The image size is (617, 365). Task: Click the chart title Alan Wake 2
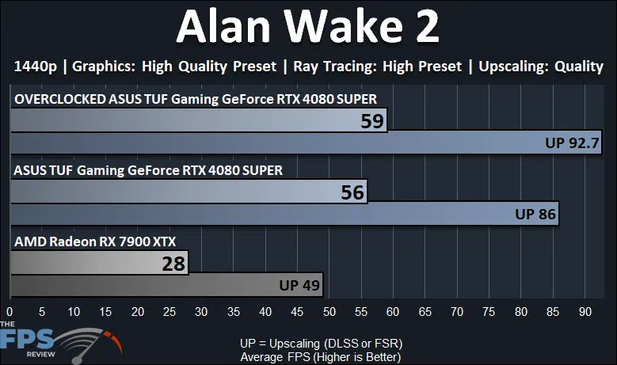(308, 26)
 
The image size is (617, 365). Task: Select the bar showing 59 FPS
(199, 120)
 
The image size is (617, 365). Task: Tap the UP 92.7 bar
(307, 143)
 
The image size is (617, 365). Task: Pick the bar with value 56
(189, 192)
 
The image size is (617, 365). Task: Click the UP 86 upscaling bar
(284, 214)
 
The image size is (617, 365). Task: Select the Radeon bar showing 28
(99, 263)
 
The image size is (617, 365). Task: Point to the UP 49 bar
(166, 285)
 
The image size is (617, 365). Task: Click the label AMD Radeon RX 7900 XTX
(95, 241)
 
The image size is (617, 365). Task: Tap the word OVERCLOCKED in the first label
(60, 99)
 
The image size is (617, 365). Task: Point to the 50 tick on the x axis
(329, 312)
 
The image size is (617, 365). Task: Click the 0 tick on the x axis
(10, 312)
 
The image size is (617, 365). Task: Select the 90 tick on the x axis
(585, 312)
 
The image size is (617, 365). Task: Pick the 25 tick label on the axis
(169, 312)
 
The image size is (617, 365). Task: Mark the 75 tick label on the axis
(489, 312)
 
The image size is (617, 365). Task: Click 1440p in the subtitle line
(36, 67)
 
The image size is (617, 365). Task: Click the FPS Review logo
(61, 341)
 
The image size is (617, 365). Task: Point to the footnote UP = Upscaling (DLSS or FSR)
(321, 344)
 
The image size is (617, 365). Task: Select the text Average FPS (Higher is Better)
(321, 357)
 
